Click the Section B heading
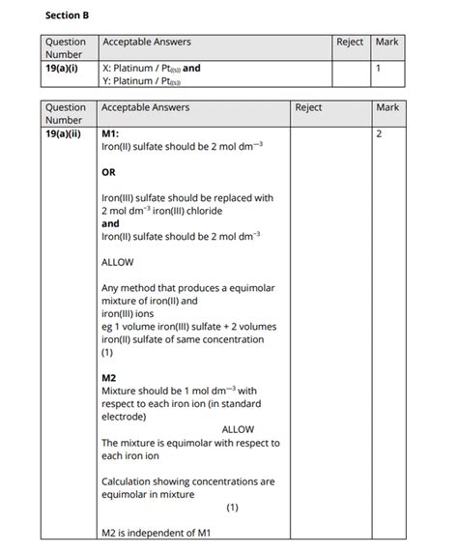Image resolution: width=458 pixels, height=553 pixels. [67, 15]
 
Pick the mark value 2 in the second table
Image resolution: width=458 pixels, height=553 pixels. [378, 133]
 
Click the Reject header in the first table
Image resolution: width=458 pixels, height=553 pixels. [350, 43]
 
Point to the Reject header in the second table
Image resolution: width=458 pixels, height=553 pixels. [308, 107]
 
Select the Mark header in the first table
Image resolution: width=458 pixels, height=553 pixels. [386, 43]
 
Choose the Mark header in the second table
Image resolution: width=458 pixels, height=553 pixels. [388, 107]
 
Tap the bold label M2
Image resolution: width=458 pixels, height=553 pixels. [108, 378]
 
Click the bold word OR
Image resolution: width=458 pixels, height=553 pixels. [108, 172]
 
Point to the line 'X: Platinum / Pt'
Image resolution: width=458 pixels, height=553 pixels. [141, 69]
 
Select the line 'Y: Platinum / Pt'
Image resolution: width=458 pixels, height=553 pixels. [140, 81]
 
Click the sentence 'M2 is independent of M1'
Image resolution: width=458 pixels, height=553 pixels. [156, 533]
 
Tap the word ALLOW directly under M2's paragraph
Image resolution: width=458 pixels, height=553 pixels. [238, 429]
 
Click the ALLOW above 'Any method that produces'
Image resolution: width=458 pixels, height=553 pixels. [117, 262]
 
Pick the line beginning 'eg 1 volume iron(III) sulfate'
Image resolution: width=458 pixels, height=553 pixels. [188, 327]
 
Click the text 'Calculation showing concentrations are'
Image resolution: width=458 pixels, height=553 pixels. [187, 480]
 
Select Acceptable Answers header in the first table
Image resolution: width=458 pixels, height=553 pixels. [146, 43]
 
